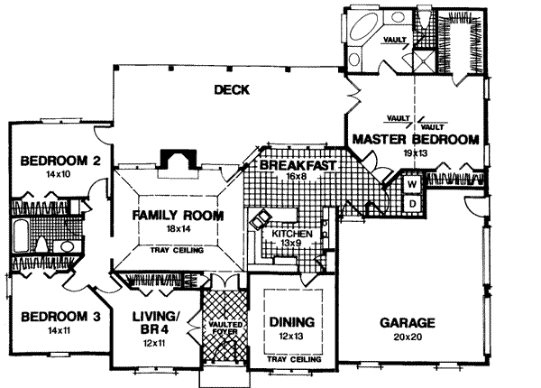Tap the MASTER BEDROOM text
tap(414, 140)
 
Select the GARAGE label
tap(408, 322)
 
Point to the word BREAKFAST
tap(298, 167)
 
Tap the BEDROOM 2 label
tap(53, 162)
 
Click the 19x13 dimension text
tap(414, 154)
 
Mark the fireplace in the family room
tap(175, 159)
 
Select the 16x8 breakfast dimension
tap(298, 179)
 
